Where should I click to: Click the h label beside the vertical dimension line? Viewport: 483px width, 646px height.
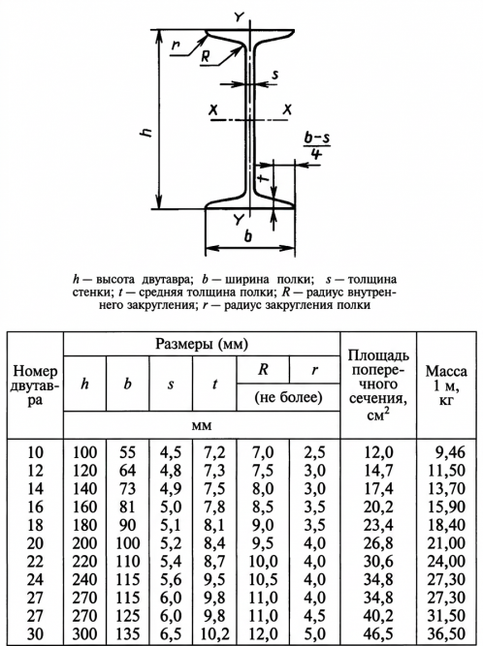(x=146, y=133)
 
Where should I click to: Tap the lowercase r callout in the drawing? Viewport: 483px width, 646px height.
(x=177, y=45)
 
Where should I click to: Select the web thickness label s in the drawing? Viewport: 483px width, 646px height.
(x=275, y=75)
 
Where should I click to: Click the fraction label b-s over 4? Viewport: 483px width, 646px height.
(x=317, y=146)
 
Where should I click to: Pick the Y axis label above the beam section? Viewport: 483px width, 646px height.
(x=239, y=16)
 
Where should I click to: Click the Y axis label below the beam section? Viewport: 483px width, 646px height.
(x=239, y=220)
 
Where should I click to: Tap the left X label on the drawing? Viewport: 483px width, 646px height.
(x=213, y=110)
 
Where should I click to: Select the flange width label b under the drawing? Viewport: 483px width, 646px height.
(x=248, y=236)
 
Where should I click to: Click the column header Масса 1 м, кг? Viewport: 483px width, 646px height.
(x=446, y=385)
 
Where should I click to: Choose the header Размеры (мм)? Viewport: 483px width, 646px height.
(x=202, y=344)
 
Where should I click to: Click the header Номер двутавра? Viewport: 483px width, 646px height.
(x=35, y=385)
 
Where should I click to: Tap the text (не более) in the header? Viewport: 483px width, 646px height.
(x=288, y=397)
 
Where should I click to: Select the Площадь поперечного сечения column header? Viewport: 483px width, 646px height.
(x=378, y=385)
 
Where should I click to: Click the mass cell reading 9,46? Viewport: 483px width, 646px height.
(x=450, y=452)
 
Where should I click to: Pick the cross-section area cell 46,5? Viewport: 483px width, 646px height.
(x=378, y=633)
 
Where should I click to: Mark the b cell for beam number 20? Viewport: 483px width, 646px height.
(x=127, y=543)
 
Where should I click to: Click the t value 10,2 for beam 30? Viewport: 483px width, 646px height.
(x=214, y=633)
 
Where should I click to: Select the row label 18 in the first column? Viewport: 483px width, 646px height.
(x=35, y=525)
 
